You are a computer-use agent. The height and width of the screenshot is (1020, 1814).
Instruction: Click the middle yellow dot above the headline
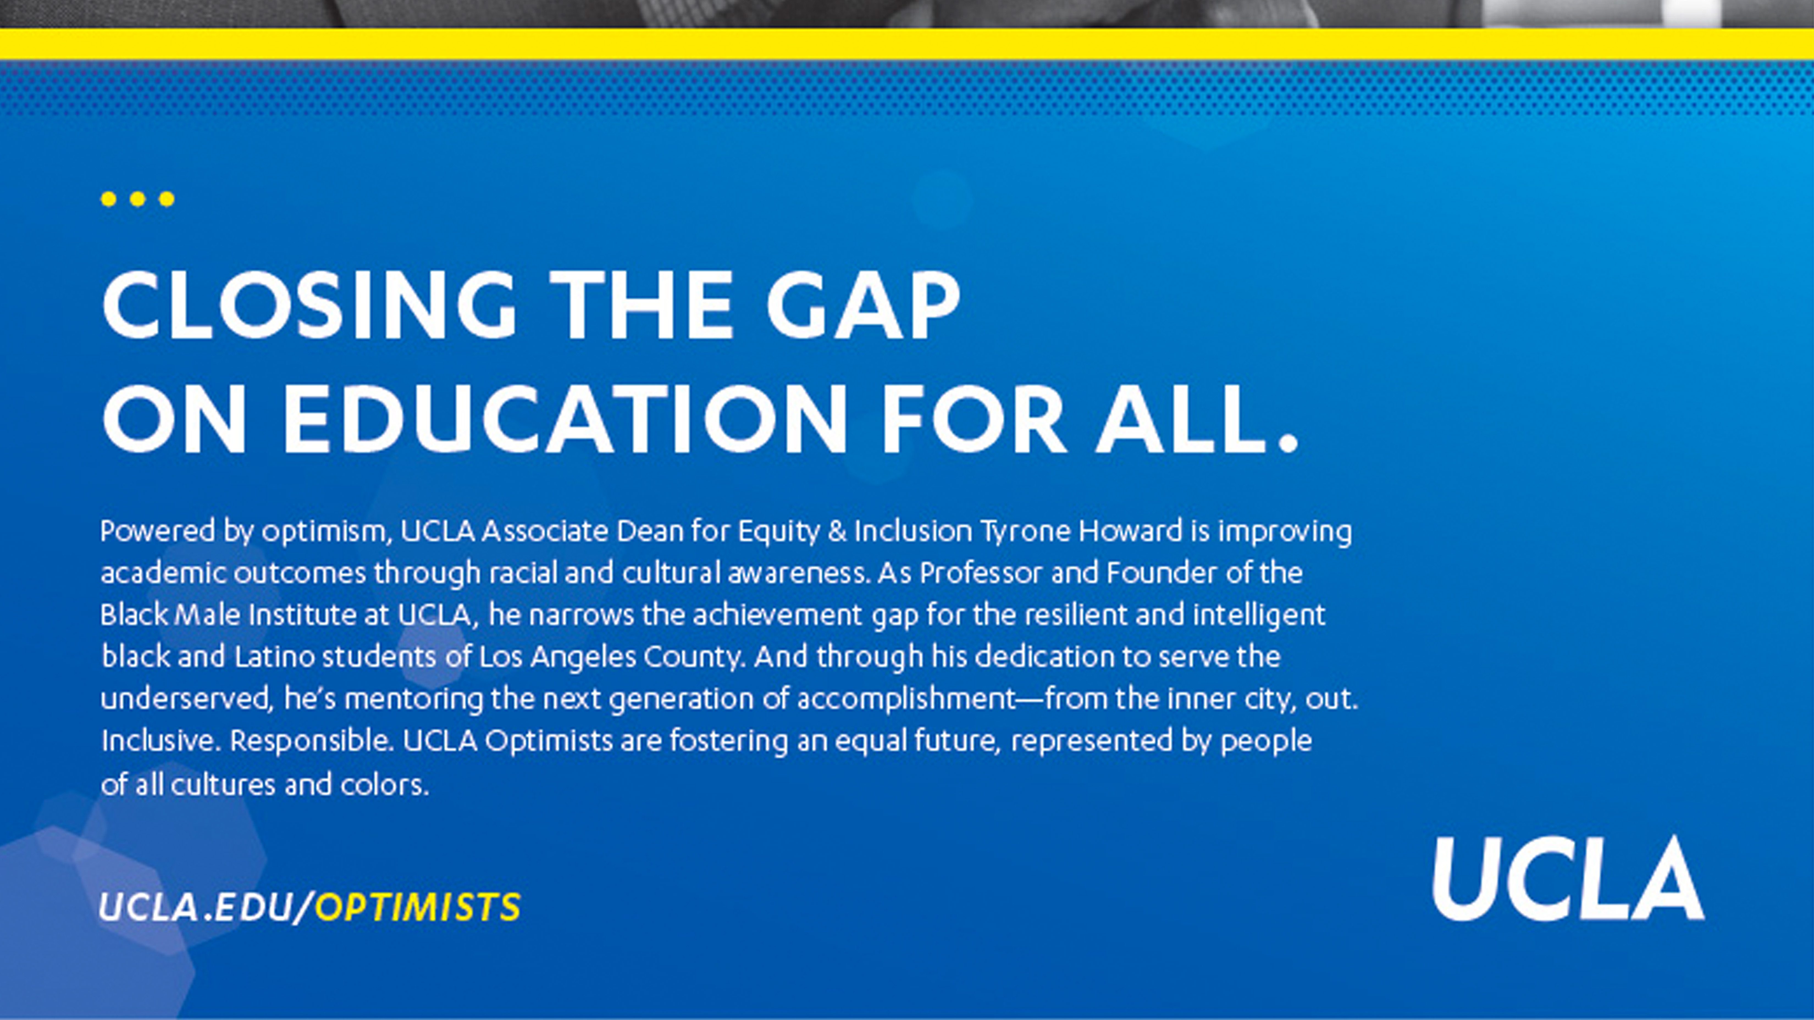137,199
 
